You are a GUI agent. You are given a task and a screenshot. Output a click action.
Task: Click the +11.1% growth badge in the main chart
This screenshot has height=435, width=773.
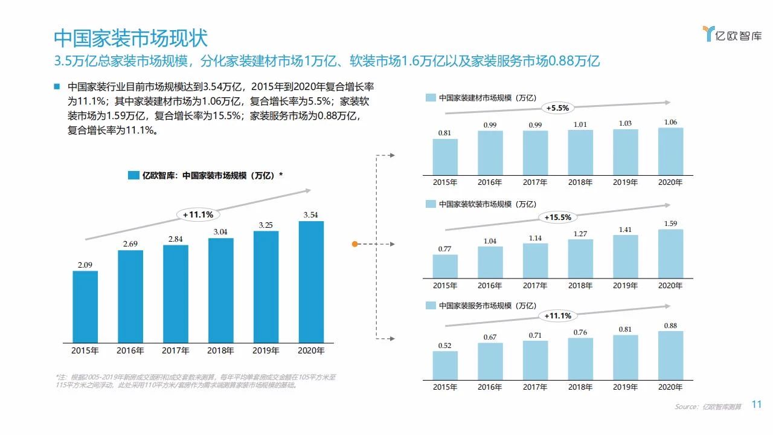click(x=198, y=214)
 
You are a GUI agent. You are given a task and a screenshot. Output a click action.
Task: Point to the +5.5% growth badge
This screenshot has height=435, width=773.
click(x=557, y=108)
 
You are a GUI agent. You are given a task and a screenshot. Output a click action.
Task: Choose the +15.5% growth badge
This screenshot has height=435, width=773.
click(x=557, y=217)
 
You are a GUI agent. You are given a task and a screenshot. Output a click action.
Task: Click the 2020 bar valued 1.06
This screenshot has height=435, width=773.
click(x=670, y=151)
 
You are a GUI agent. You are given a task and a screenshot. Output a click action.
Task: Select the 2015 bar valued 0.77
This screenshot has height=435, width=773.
click(x=445, y=266)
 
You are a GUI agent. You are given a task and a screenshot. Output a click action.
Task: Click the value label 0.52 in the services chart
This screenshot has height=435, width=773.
click(x=445, y=346)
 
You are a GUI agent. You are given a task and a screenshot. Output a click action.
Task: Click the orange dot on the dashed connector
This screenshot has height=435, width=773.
click(x=355, y=244)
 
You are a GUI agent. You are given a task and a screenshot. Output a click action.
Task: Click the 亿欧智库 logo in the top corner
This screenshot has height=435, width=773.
click(x=732, y=34)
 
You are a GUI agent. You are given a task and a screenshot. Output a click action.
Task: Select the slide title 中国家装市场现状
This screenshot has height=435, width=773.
click(x=131, y=38)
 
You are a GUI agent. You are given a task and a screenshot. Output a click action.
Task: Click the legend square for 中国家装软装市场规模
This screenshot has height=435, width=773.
click(x=431, y=204)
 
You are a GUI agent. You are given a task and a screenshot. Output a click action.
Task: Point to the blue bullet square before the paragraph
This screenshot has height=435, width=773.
click(x=57, y=86)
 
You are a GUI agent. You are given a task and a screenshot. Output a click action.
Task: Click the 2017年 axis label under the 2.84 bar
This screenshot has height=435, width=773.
click(x=176, y=350)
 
